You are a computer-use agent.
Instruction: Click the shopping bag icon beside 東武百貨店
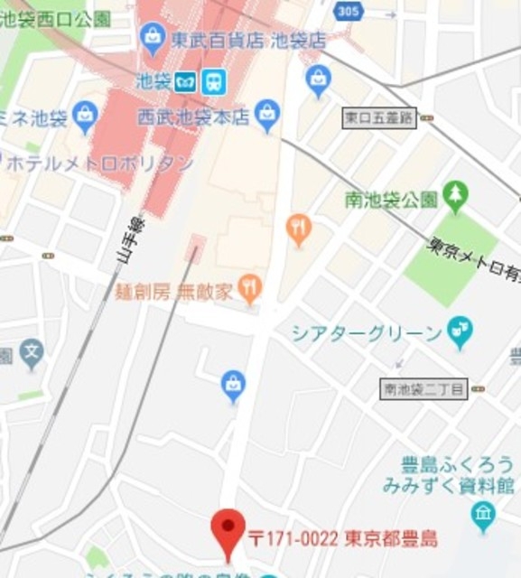click(153, 38)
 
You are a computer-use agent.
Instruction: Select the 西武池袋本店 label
click(192, 116)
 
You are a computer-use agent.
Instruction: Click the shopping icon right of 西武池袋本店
click(266, 114)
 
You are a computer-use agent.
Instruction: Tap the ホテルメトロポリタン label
click(99, 163)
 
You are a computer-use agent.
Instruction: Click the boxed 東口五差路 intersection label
click(379, 117)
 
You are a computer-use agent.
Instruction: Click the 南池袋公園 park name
click(391, 199)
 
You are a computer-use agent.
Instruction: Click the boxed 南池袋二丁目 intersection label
click(423, 389)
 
